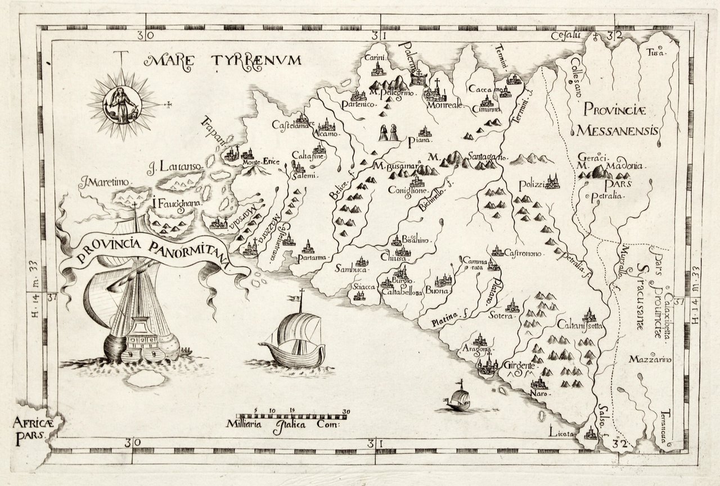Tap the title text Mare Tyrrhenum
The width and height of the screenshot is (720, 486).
click(224, 60)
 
